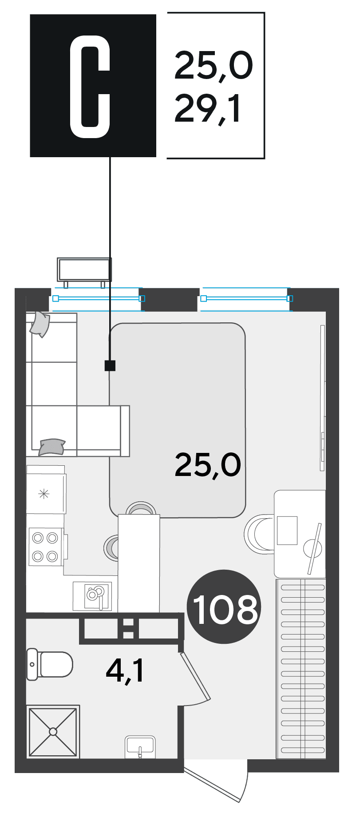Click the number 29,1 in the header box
pyautogui.click(x=208, y=109)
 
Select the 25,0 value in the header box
pyautogui.click(x=214, y=66)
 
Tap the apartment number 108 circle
pyautogui.click(x=225, y=607)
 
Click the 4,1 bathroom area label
pyautogui.click(x=126, y=671)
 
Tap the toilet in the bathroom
pyautogui.click(x=49, y=664)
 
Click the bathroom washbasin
pyautogui.click(x=140, y=747)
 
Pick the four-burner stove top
pyautogui.click(x=46, y=547)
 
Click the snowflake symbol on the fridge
pyautogui.click(x=44, y=493)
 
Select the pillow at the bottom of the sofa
pyautogui.click(x=52, y=447)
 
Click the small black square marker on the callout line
pyautogui.click(x=110, y=365)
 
